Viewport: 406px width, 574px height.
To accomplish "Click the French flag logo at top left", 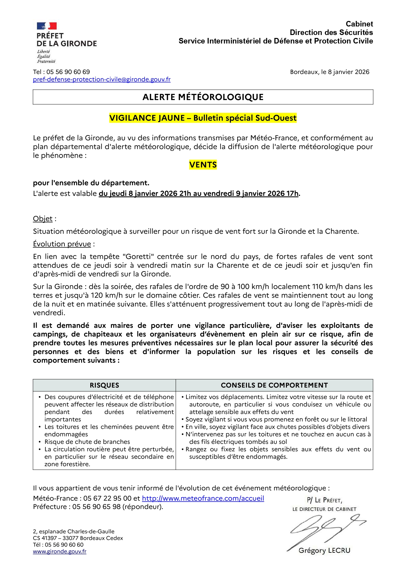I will click(x=47, y=26).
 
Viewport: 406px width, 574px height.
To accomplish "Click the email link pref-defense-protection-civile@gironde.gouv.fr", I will click(x=102, y=79).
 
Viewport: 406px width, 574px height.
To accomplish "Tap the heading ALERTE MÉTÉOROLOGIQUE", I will click(x=203, y=97).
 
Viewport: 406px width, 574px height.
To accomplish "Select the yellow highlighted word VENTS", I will click(x=203, y=165).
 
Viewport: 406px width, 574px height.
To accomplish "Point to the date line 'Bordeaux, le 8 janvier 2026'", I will click(x=329, y=72).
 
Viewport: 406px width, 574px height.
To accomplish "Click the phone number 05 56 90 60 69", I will click(x=68, y=72).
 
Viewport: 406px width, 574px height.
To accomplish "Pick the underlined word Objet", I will click(x=43, y=219).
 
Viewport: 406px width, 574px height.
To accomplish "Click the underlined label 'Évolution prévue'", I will click(x=62, y=244).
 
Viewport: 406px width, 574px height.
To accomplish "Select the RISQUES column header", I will click(x=104, y=385).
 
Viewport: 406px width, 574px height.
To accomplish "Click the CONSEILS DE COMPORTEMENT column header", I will click(x=274, y=385).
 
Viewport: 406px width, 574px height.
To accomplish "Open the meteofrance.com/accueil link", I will click(x=203, y=498).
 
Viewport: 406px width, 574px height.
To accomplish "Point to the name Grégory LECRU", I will click(x=324, y=550).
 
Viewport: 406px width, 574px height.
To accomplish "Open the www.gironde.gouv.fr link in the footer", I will click(x=60, y=551).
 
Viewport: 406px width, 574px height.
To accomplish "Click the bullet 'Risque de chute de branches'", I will click(x=87, y=442).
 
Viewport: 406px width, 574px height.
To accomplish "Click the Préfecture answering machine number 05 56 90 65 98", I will click(x=97, y=507).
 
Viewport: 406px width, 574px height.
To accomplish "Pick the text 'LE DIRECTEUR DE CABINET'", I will click(x=324, y=509).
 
